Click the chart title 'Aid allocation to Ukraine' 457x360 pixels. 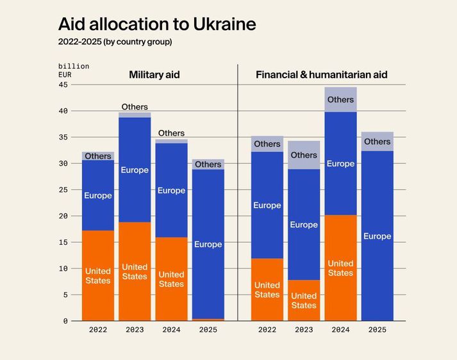pos(157,24)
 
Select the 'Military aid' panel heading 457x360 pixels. pos(154,75)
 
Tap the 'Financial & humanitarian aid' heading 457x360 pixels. pos(321,75)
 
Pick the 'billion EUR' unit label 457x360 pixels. pos(73,70)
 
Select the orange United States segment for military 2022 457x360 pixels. pos(98,275)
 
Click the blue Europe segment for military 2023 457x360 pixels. pos(135,170)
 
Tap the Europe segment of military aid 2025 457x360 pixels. pos(208,244)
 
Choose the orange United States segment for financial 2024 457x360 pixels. pos(340,268)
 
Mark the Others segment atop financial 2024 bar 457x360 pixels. pos(340,100)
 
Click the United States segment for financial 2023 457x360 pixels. pos(304,300)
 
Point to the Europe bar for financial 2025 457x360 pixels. pos(377,236)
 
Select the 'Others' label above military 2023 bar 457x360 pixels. pos(135,107)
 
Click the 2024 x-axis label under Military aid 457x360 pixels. pos(171,330)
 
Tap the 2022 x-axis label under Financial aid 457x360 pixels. pos(267,330)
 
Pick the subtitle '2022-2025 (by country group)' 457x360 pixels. pos(115,42)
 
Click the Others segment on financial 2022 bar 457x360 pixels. pos(267,144)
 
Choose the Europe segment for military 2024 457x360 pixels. pos(171,190)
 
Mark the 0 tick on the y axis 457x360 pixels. pos(65,321)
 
